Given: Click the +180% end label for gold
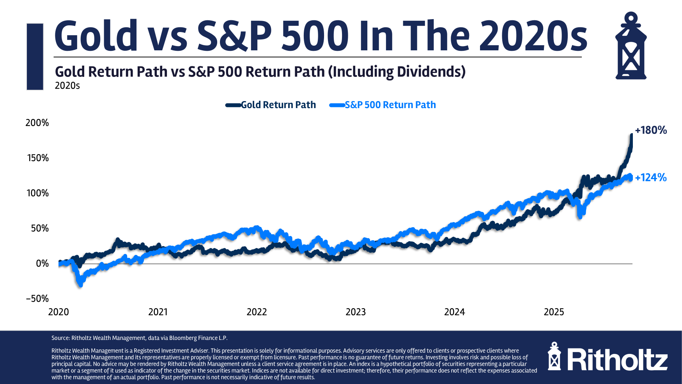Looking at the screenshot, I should click(x=650, y=130).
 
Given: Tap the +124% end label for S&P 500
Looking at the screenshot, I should click(x=650, y=178).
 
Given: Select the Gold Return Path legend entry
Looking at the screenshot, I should click(x=278, y=105).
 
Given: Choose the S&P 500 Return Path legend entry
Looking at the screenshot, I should click(x=390, y=105).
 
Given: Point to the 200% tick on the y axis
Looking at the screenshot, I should click(x=37, y=123).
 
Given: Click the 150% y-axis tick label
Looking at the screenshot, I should click(x=37, y=158).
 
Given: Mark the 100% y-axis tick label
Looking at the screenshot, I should click(x=37, y=193).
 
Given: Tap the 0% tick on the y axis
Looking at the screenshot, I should click(x=42, y=263).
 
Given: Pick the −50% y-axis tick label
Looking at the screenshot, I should click(x=37, y=299).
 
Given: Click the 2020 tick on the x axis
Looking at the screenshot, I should click(x=58, y=312).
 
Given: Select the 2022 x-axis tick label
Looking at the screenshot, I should click(x=257, y=312).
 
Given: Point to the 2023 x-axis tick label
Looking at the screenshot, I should click(x=356, y=312).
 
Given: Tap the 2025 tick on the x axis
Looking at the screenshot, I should click(x=554, y=312).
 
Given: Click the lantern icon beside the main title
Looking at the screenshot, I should click(x=631, y=46).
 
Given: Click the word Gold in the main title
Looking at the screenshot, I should click(x=96, y=36).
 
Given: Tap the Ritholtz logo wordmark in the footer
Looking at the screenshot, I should click(x=617, y=359).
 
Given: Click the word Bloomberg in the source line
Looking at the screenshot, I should click(x=183, y=338).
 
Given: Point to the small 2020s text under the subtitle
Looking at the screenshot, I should click(x=67, y=86).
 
